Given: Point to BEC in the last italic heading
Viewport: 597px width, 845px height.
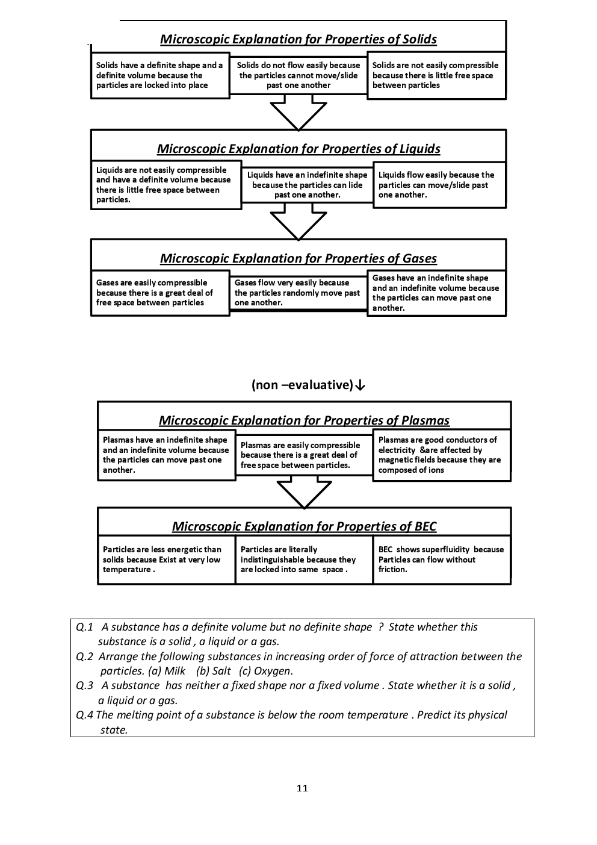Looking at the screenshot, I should (425, 526).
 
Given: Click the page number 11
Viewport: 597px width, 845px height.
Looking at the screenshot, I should (302, 788).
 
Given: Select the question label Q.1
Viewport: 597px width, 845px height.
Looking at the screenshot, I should (85, 627).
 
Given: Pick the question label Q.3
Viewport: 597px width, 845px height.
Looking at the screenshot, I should (85, 685).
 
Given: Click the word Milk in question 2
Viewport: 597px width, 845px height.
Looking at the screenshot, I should (175, 671).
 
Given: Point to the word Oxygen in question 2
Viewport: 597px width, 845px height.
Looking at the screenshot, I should (273, 671).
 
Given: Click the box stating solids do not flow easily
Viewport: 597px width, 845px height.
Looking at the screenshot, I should (298, 76).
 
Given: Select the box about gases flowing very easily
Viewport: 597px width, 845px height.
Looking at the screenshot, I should (298, 293).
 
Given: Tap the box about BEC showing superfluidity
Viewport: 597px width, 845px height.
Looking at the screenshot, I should (441, 560).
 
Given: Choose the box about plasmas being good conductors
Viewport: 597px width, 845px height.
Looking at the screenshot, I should (441, 455).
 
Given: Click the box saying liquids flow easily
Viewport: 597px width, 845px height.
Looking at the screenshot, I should (439, 185).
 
